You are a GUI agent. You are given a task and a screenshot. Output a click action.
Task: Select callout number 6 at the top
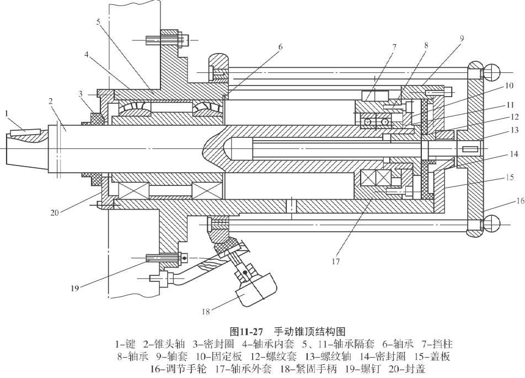click(280, 47)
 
